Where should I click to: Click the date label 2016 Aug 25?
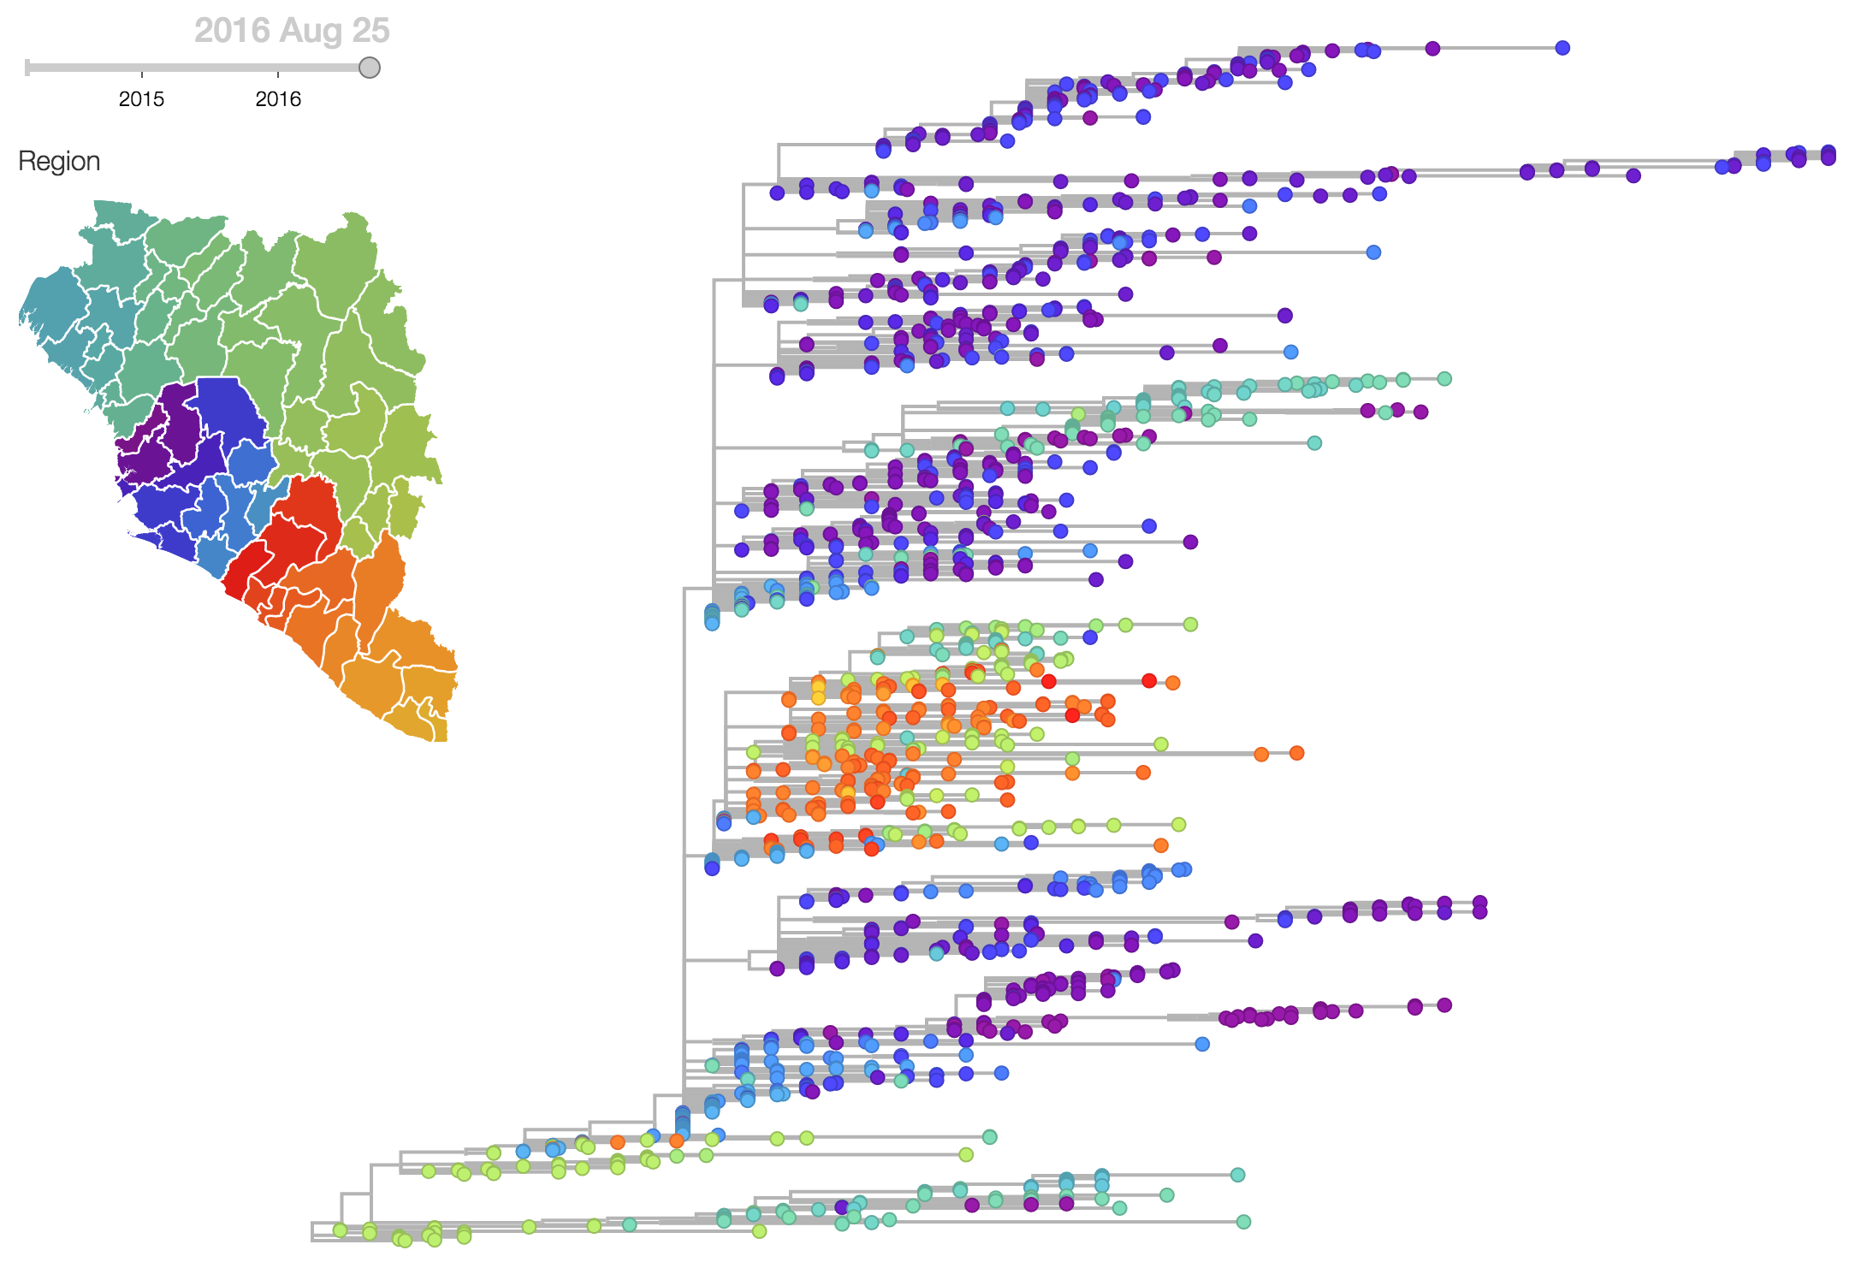(x=292, y=31)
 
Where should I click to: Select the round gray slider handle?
(x=369, y=68)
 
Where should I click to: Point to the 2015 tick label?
(x=141, y=99)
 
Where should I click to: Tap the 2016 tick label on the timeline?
(x=278, y=99)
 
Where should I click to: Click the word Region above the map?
(x=59, y=162)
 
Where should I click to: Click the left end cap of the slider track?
(x=27, y=68)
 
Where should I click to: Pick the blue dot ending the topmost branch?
(x=1562, y=48)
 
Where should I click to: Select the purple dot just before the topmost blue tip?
(x=1432, y=49)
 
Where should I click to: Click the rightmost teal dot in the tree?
(x=1444, y=379)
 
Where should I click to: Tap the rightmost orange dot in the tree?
(x=1296, y=753)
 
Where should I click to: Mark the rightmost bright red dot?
(x=1149, y=681)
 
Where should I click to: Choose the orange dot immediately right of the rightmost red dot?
(x=1173, y=683)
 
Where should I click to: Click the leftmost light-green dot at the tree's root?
(x=340, y=1230)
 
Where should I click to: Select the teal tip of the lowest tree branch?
(x=1243, y=1222)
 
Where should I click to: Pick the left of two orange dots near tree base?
(x=618, y=1142)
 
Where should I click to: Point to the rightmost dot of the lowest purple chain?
(x=1444, y=1005)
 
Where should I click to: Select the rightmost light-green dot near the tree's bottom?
(x=966, y=1155)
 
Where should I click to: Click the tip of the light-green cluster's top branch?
(x=1190, y=625)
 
